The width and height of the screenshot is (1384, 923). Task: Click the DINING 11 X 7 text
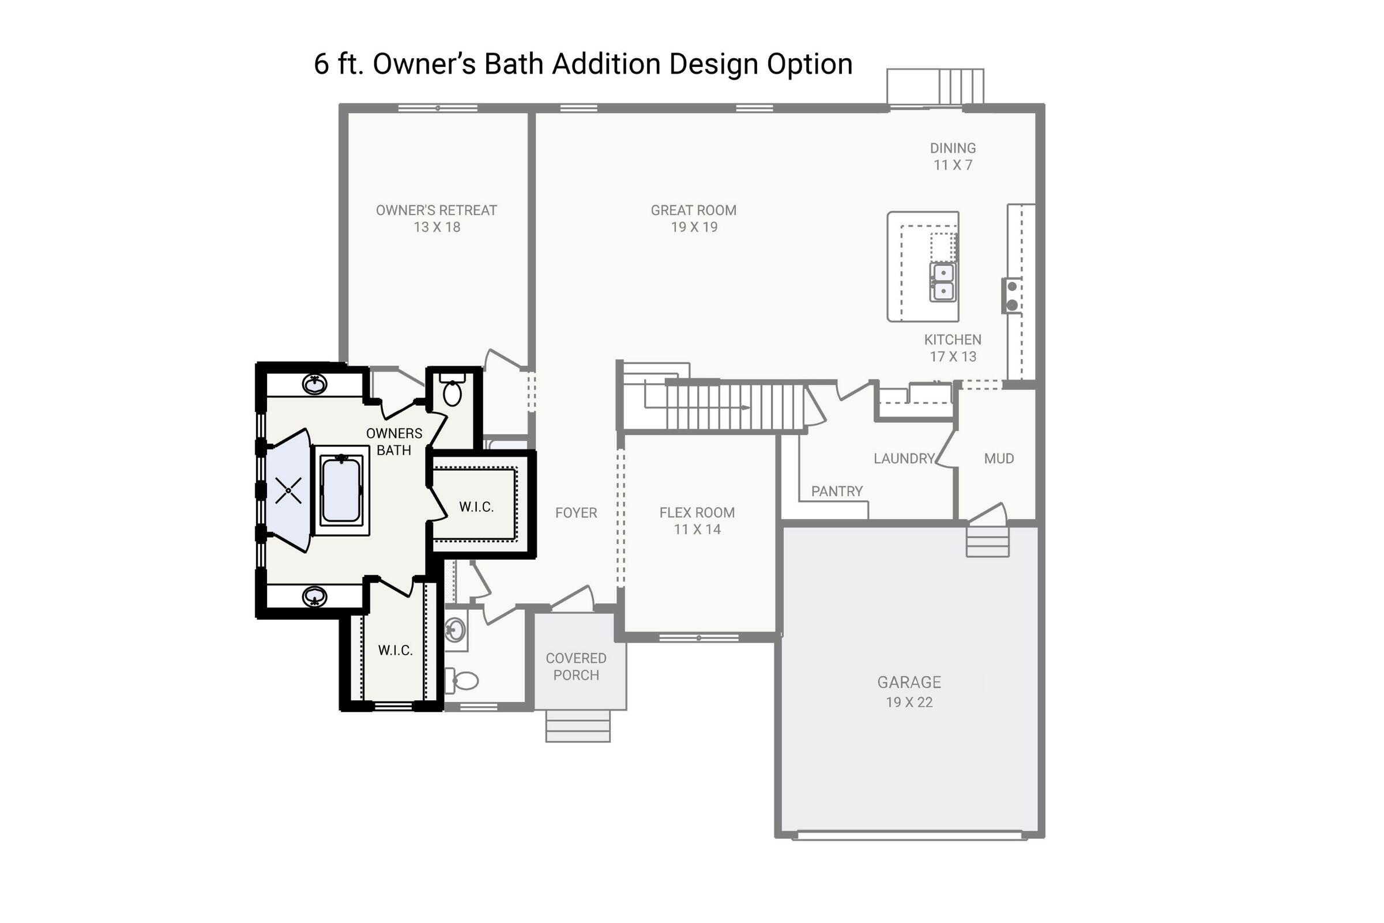tap(953, 156)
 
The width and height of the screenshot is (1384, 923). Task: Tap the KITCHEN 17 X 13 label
tap(953, 348)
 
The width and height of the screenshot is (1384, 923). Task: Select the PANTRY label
tap(837, 491)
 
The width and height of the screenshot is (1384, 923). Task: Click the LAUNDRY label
tap(904, 458)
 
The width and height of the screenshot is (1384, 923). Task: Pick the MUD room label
tap(999, 458)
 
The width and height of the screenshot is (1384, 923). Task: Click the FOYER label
tap(576, 513)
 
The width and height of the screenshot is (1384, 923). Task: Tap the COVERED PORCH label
tap(576, 666)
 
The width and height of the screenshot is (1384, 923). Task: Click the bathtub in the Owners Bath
tap(341, 490)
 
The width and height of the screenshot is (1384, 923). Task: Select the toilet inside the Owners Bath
tap(453, 393)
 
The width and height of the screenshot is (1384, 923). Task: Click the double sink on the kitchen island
tap(943, 282)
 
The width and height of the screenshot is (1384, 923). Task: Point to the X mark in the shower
tap(288, 490)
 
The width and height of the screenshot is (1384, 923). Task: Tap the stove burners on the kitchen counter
tap(1012, 295)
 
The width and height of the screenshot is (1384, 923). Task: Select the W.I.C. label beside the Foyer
tap(476, 507)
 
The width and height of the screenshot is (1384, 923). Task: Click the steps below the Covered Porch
tap(577, 726)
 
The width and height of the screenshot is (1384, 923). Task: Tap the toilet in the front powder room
tap(464, 681)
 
